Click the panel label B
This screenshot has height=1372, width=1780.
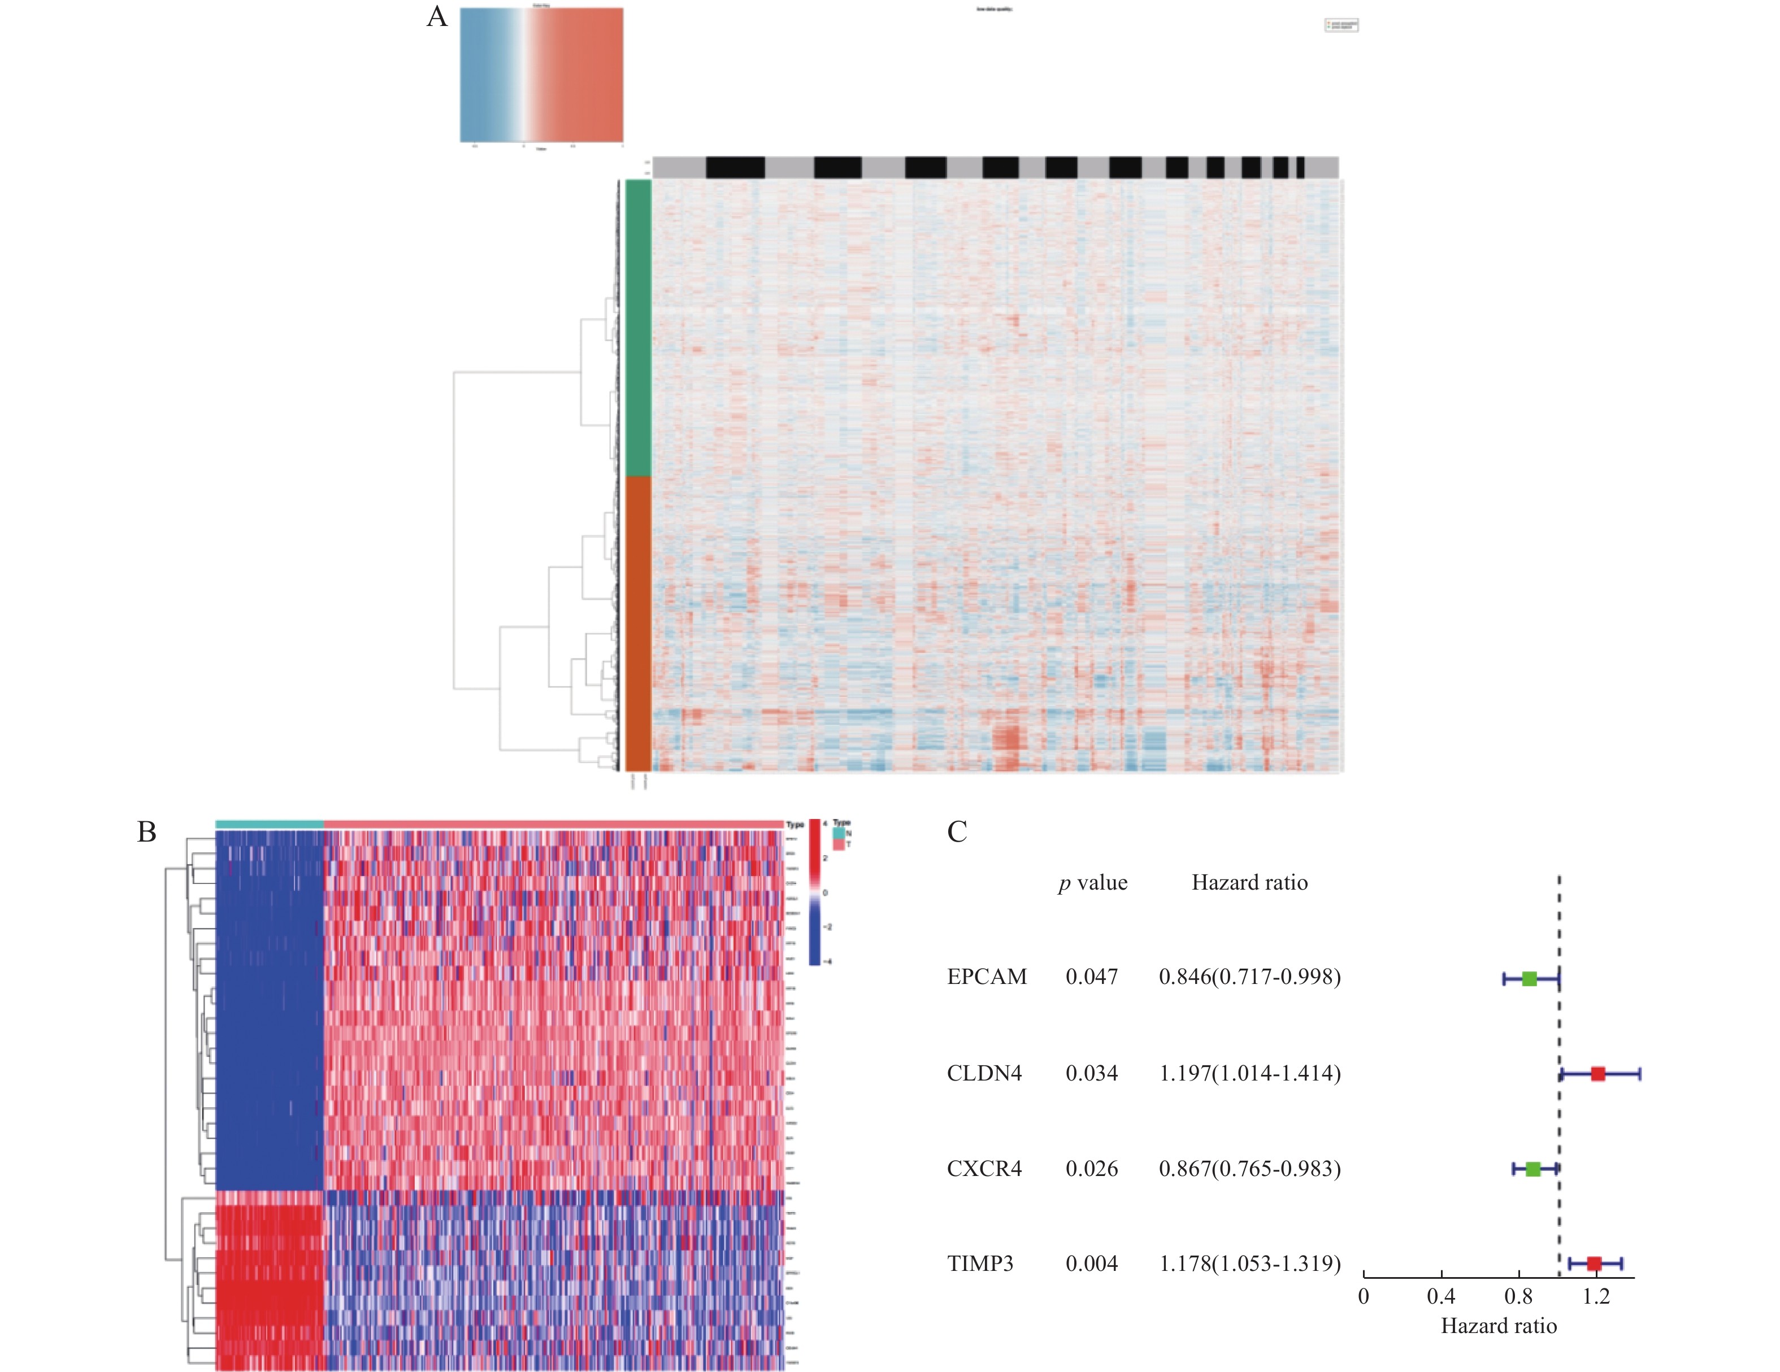tap(147, 832)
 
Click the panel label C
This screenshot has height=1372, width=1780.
tap(957, 832)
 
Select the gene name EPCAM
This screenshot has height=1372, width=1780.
tap(986, 977)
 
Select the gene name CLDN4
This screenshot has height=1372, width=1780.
tap(984, 1073)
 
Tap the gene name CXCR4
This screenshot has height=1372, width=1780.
tap(984, 1169)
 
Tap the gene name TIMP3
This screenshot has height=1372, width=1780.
tap(980, 1264)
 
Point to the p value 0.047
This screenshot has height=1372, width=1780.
tap(1091, 977)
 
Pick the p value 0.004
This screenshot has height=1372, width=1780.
tap(1091, 1264)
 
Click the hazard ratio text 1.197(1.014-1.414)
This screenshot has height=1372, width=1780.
tap(1249, 1073)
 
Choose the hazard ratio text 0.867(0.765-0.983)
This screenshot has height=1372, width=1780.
tap(1249, 1169)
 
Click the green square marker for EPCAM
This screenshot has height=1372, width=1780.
tap(1529, 978)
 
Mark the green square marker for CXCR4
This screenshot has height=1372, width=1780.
tap(1533, 1169)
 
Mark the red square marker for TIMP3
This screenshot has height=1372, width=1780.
tap(1594, 1264)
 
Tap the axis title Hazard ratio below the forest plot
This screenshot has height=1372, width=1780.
tap(1498, 1326)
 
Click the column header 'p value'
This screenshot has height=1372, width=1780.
tap(1092, 883)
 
